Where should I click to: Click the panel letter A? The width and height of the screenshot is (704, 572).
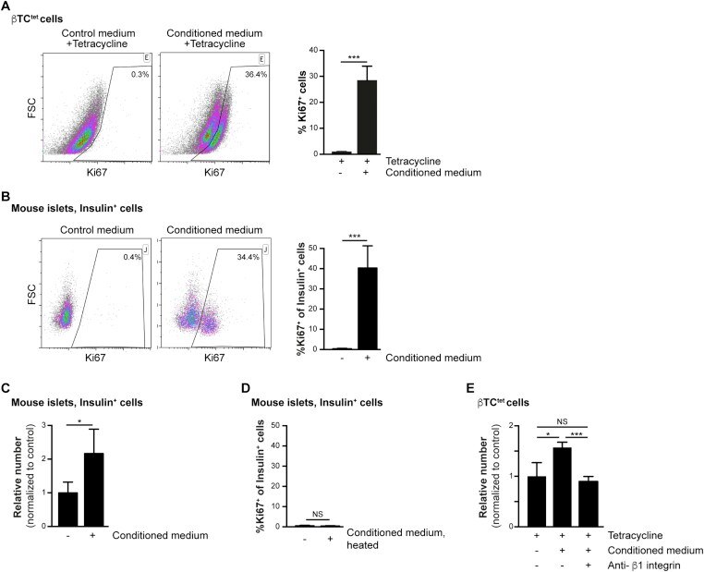[6, 6]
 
